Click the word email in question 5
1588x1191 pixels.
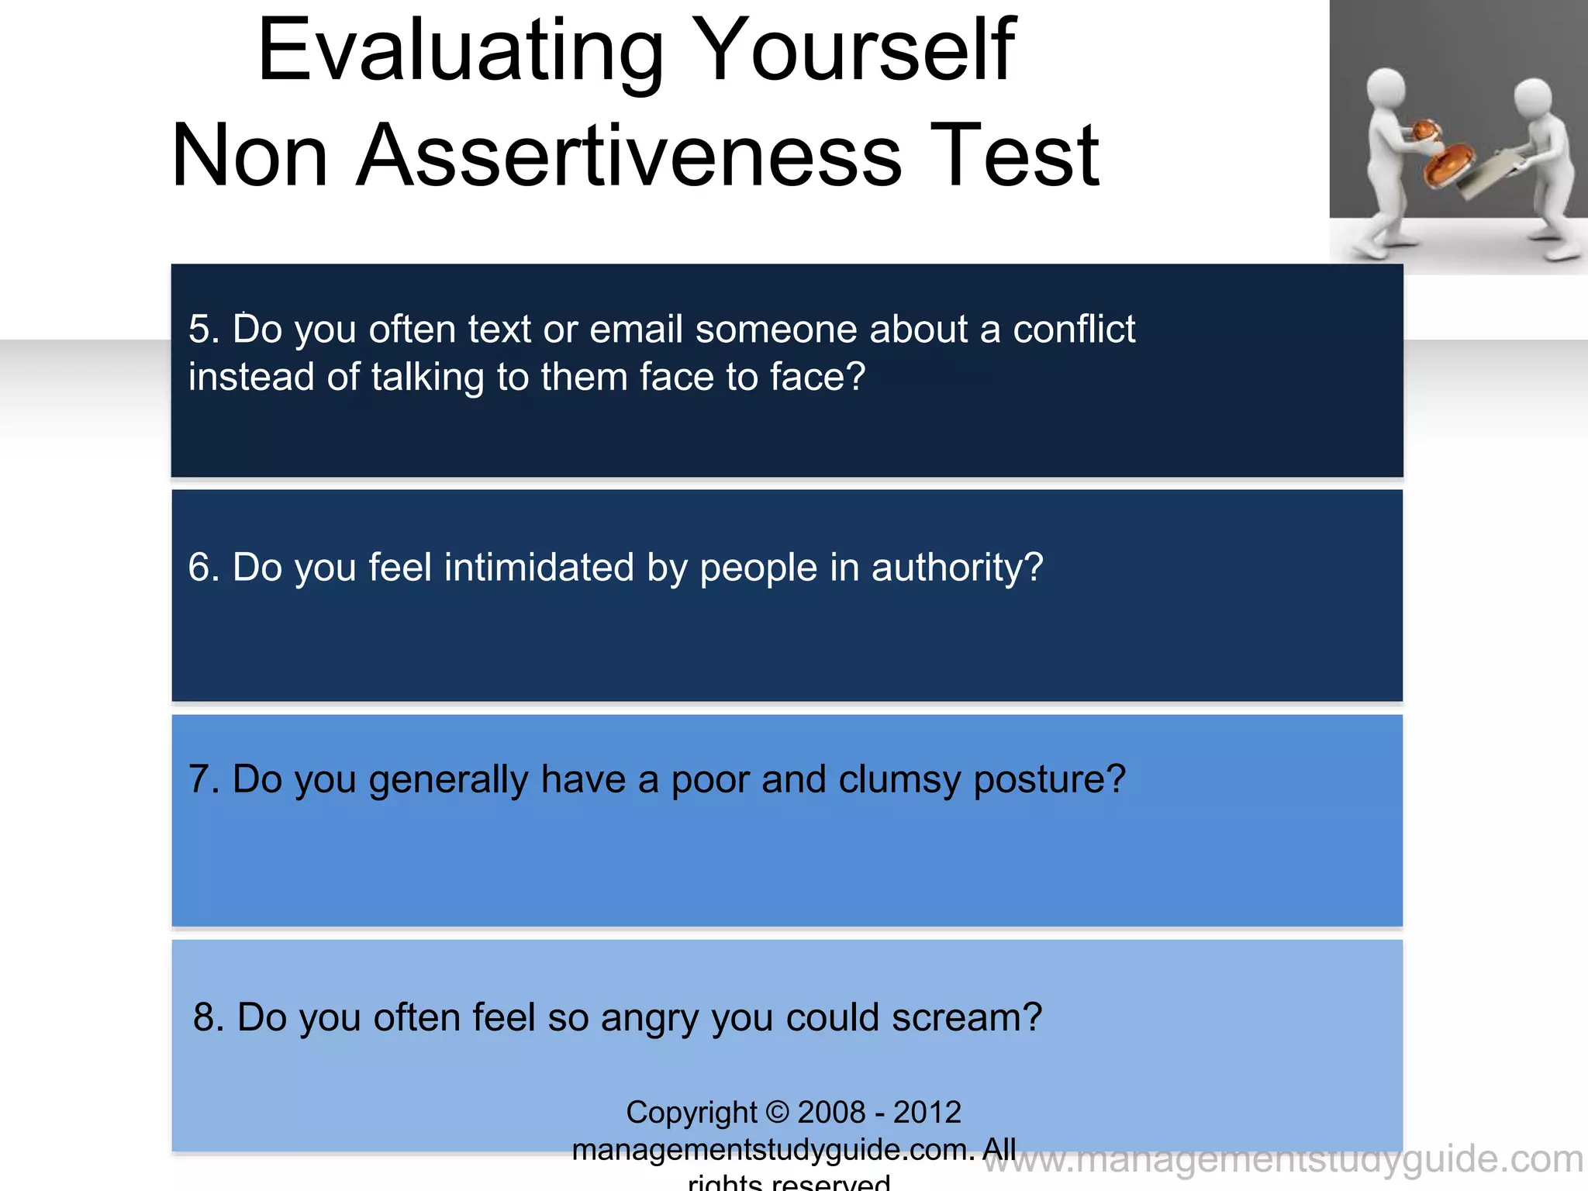pos(636,330)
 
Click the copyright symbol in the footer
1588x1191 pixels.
pos(777,1113)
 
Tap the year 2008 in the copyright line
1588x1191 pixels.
pos(831,1113)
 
